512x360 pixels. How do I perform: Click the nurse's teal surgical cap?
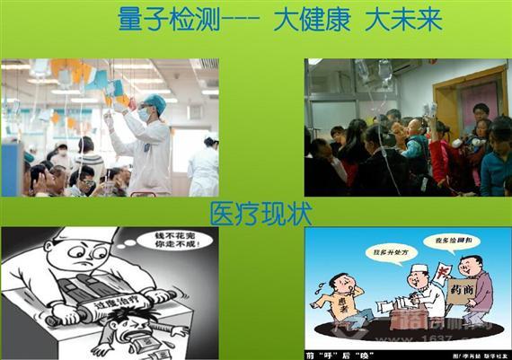point(155,102)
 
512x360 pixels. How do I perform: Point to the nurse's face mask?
point(145,116)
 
